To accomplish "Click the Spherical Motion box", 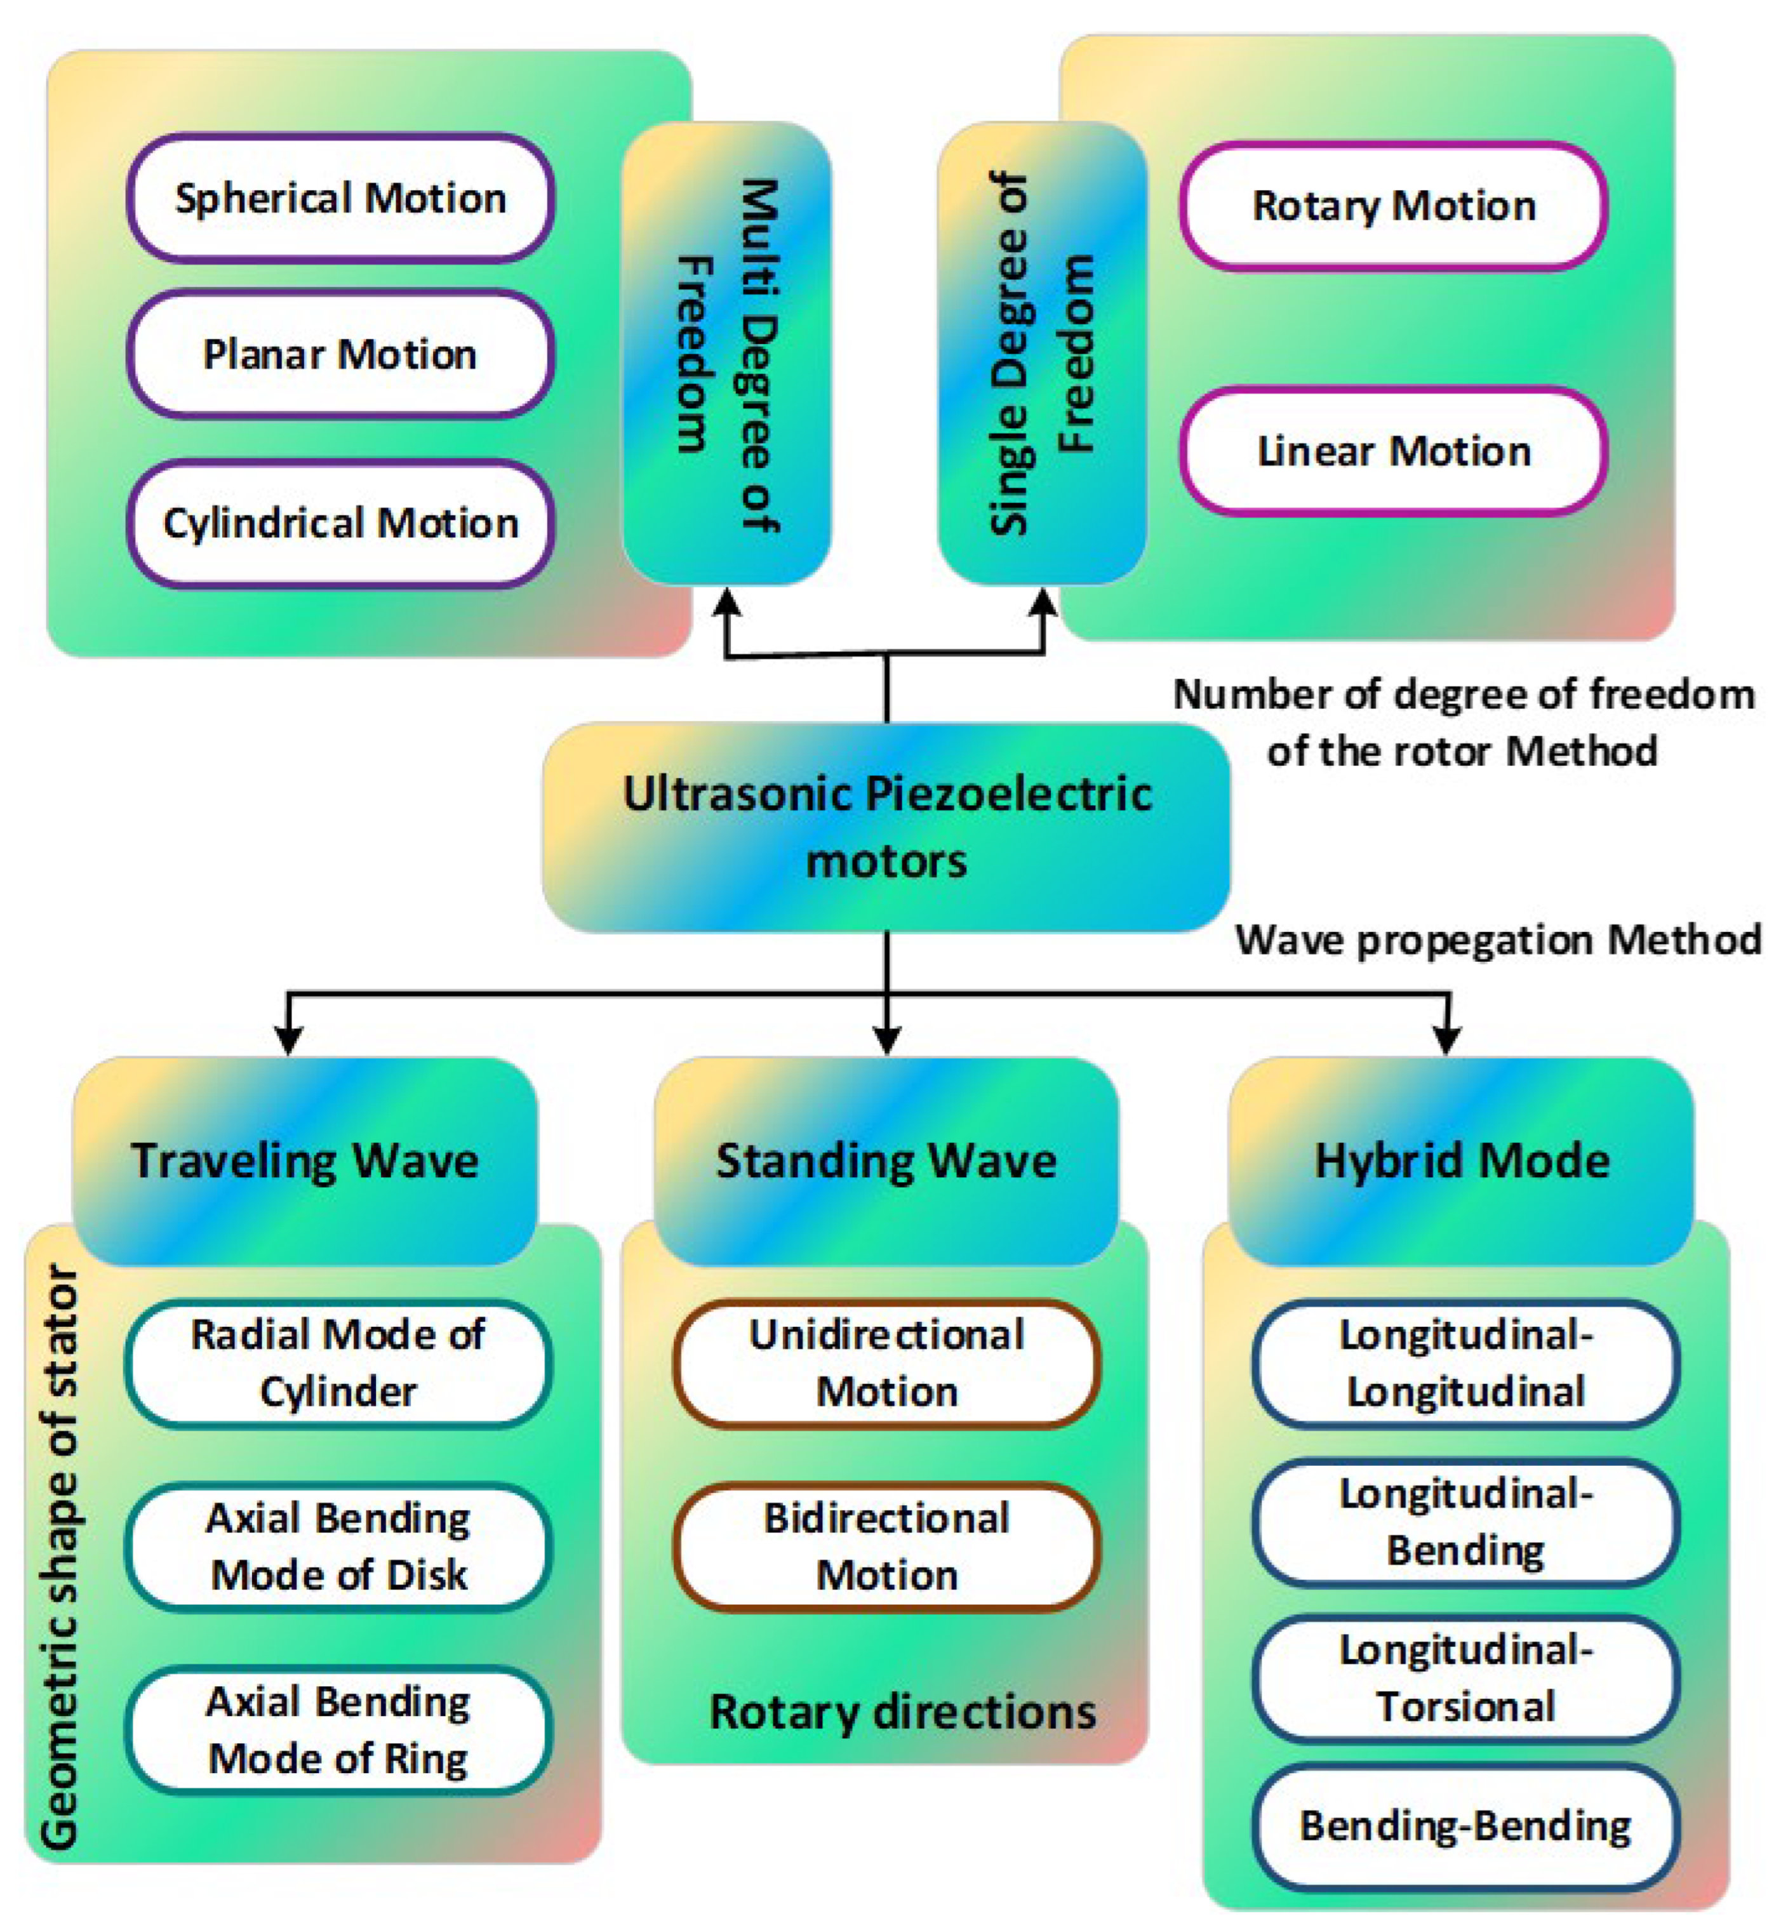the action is coord(340,197).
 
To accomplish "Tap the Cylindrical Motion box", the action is coord(340,523).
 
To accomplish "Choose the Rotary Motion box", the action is coord(1394,205).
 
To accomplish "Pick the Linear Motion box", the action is coord(1394,451).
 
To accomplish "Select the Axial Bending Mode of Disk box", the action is coord(338,1546).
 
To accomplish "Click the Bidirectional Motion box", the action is coord(886,1546).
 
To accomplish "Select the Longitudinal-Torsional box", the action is coord(1466,1679).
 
